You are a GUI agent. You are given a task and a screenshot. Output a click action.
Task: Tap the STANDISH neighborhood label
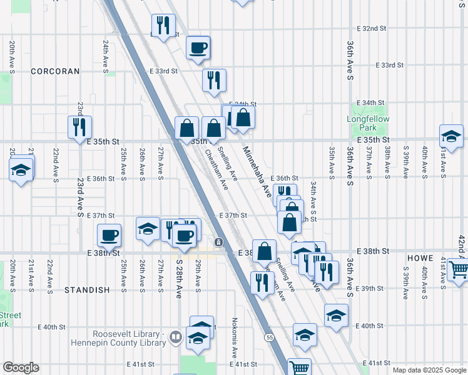tap(87, 290)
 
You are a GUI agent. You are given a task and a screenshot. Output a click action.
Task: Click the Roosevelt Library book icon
tap(176, 338)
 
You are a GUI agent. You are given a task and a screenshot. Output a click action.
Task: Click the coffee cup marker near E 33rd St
tap(198, 47)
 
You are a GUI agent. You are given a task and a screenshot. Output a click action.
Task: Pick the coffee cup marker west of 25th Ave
tap(109, 236)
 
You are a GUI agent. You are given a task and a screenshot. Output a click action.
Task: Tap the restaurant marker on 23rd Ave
tap(79, 127)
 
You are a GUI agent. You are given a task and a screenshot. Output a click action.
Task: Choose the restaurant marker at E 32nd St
tap(163, 26)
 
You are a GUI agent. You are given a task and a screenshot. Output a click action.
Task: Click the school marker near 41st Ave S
tap(451, 136)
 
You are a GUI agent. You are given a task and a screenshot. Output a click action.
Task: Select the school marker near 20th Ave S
tap(21, 169)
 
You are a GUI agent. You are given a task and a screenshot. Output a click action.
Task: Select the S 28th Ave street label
tap(178, 277)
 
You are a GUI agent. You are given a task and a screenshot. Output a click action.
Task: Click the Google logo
tap(21, 367)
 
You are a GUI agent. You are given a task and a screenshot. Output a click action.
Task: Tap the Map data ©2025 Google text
tap(429, 370)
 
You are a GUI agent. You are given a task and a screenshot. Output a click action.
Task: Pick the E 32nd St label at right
tap(372, 29)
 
